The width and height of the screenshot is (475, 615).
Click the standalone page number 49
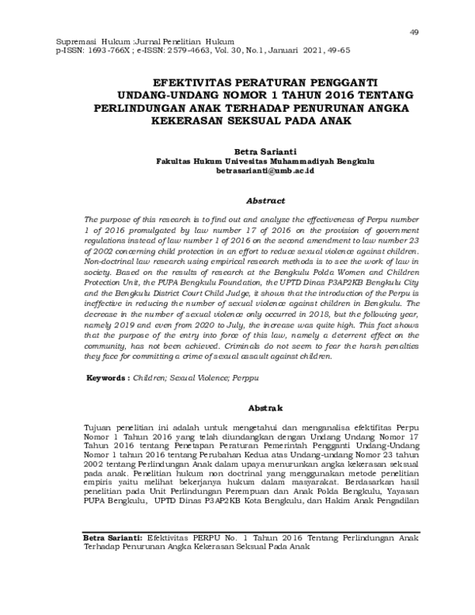pos(413,31)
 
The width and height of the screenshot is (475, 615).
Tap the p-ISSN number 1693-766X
pos(105,48)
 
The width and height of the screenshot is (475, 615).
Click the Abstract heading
pos(249,201)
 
